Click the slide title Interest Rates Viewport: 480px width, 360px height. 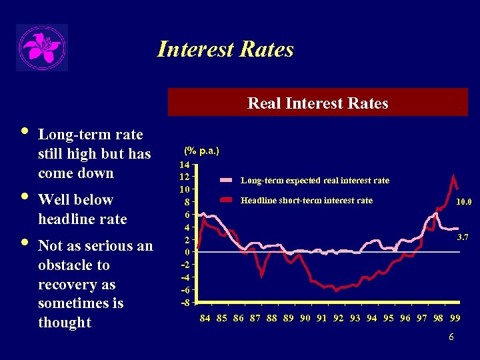tap(225, 49)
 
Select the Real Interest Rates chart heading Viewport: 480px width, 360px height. tap(317, 103)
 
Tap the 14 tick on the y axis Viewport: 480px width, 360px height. tap(186, 164)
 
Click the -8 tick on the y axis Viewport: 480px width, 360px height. tap(186, 303)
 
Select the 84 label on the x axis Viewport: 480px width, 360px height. tap(205, 318)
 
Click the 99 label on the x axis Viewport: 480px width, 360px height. tap(455, 318)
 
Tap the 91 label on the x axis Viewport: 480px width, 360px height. tap(322, 318)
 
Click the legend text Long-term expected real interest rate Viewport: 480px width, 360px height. tap(315, 181)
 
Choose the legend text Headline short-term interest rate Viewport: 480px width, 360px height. tap(306, 200)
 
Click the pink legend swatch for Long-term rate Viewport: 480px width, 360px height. tap(227, 181)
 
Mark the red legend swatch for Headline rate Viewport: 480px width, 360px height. tap(227, 200)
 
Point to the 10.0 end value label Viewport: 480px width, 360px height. tap(463, 201)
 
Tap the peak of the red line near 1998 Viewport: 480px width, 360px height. tap(453, 176)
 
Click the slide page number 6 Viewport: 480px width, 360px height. tap(451, 337)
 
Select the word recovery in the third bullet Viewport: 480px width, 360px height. tap(66, 285)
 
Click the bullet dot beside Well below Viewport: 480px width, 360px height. tap(25, 197)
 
